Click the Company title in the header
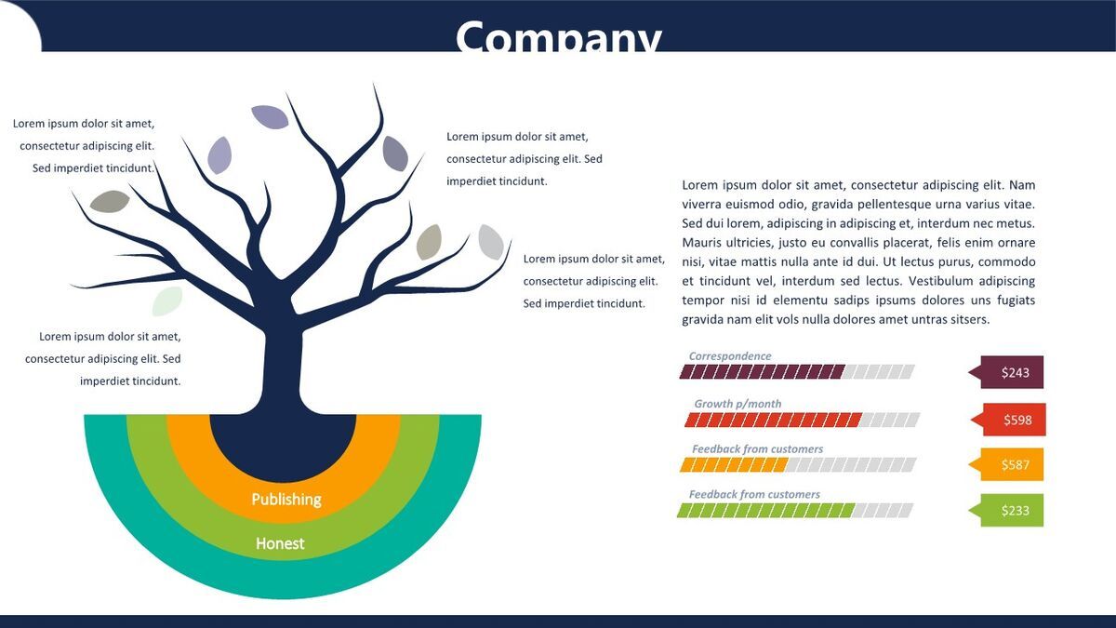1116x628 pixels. [x=559, y=36]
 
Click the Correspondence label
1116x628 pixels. [x=730, y=355]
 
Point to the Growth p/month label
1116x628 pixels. [x=737, y=404]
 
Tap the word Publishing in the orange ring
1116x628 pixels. [x=286, y=499]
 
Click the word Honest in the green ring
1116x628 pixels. [x=280, y=543]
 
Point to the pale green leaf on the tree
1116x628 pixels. [x=167, y=301]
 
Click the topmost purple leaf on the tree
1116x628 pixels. [x=270, y=117]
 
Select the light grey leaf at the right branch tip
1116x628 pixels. [x=491, y=242]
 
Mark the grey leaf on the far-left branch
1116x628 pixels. [x=110, y=201]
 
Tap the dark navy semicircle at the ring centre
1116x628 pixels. [x=283, y=444]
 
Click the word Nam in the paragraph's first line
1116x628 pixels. [x=1022, y=185]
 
